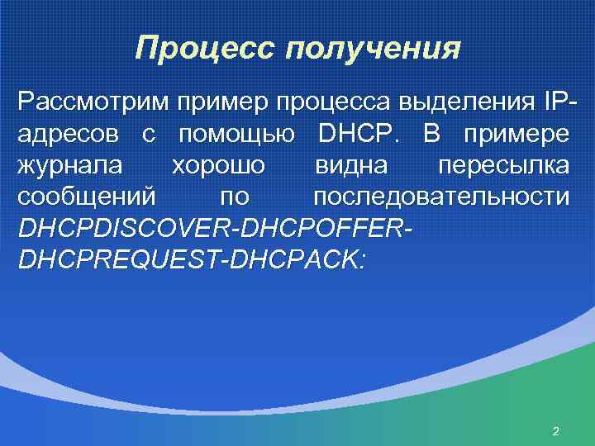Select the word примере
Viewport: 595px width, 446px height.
point(518,134)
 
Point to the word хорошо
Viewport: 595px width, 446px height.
point(218,166)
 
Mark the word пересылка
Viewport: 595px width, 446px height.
point(503,166)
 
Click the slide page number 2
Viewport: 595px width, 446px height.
point(555,431)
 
